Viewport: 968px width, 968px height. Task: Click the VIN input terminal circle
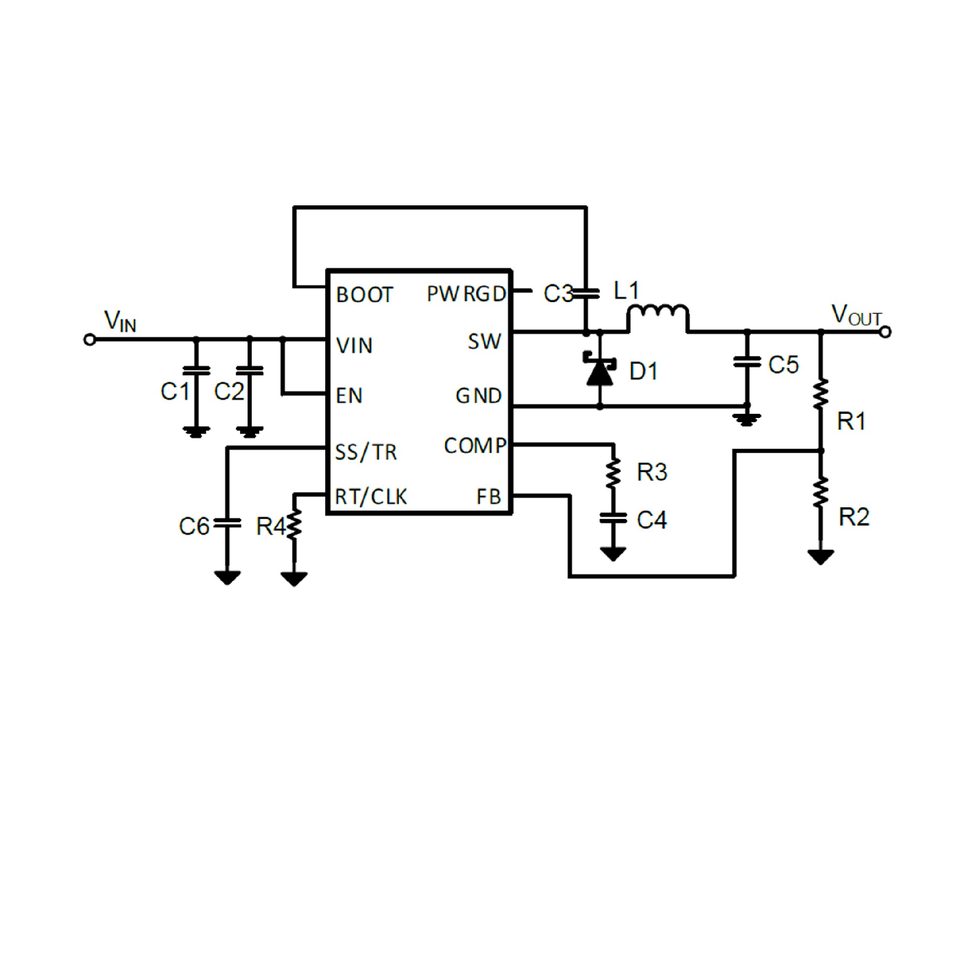(x=90, y=340)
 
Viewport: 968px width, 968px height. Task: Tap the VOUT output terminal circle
(x=885, y=332)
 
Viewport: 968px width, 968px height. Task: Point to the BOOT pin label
(x=364, y=295)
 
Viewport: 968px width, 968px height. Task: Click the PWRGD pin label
(x=466, y=293)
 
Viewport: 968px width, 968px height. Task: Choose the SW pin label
(x=484, y=342)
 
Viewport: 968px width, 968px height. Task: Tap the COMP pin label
(x=474, y=446)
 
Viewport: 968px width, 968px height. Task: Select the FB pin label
(x=488, y=497)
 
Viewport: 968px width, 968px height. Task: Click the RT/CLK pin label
(x=371, y=497)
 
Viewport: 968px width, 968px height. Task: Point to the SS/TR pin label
(x=366, y=452)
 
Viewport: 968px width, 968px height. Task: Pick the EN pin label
(x=349, y=396)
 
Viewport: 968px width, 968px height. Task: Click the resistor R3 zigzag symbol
(x=613, y=472)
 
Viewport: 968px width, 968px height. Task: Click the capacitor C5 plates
(x=747, y=361)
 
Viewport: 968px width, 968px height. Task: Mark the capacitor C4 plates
(x=613, y=518)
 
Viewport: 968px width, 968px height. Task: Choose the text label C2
(x=229, y=391)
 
